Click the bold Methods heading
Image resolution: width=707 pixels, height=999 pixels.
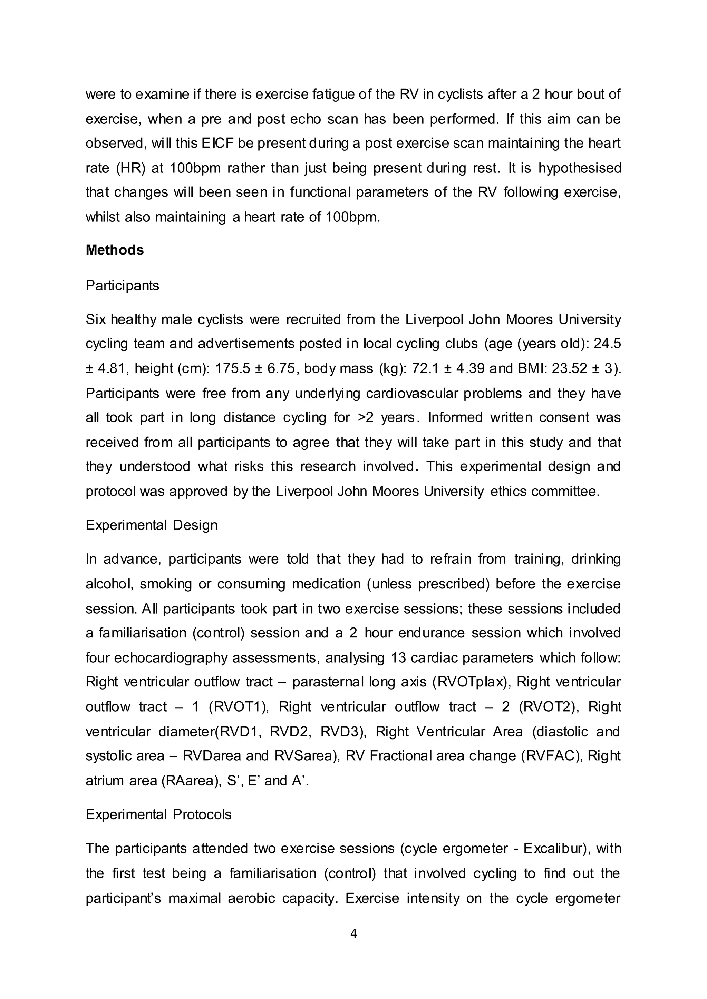[115, 250]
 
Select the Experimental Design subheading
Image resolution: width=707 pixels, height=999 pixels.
[152, 525]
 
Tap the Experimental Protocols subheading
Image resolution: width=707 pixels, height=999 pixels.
[158, 814]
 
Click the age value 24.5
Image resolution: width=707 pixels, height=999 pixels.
[607, 344]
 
